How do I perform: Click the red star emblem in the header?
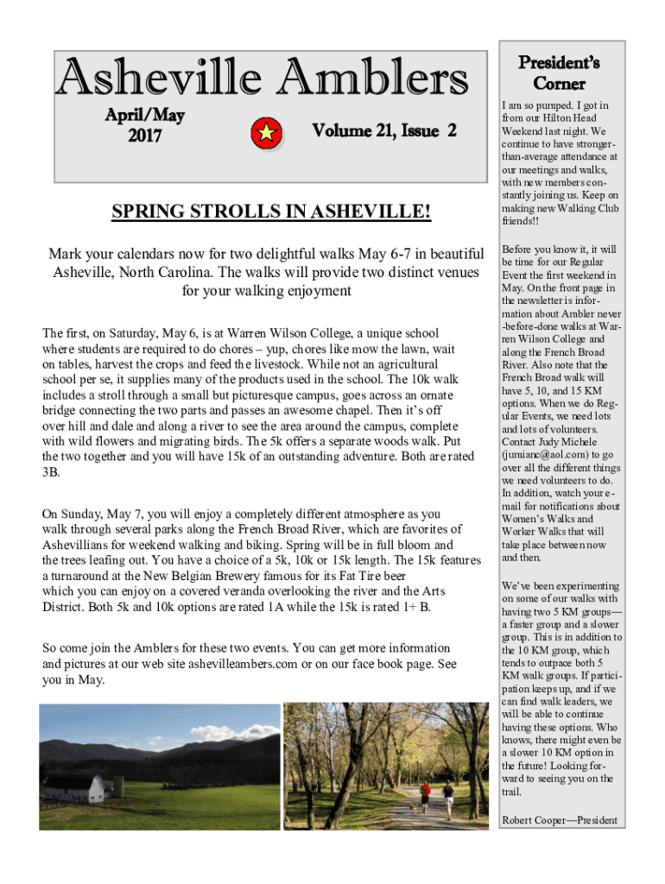[268, 132]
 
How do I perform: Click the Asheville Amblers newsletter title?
[261, 80]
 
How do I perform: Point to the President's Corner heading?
[559, 73]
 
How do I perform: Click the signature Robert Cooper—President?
[559, 821]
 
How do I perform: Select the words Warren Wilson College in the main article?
[286, 333]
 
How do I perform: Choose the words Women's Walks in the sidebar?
[537, 519]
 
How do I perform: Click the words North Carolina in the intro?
[168, 273]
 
